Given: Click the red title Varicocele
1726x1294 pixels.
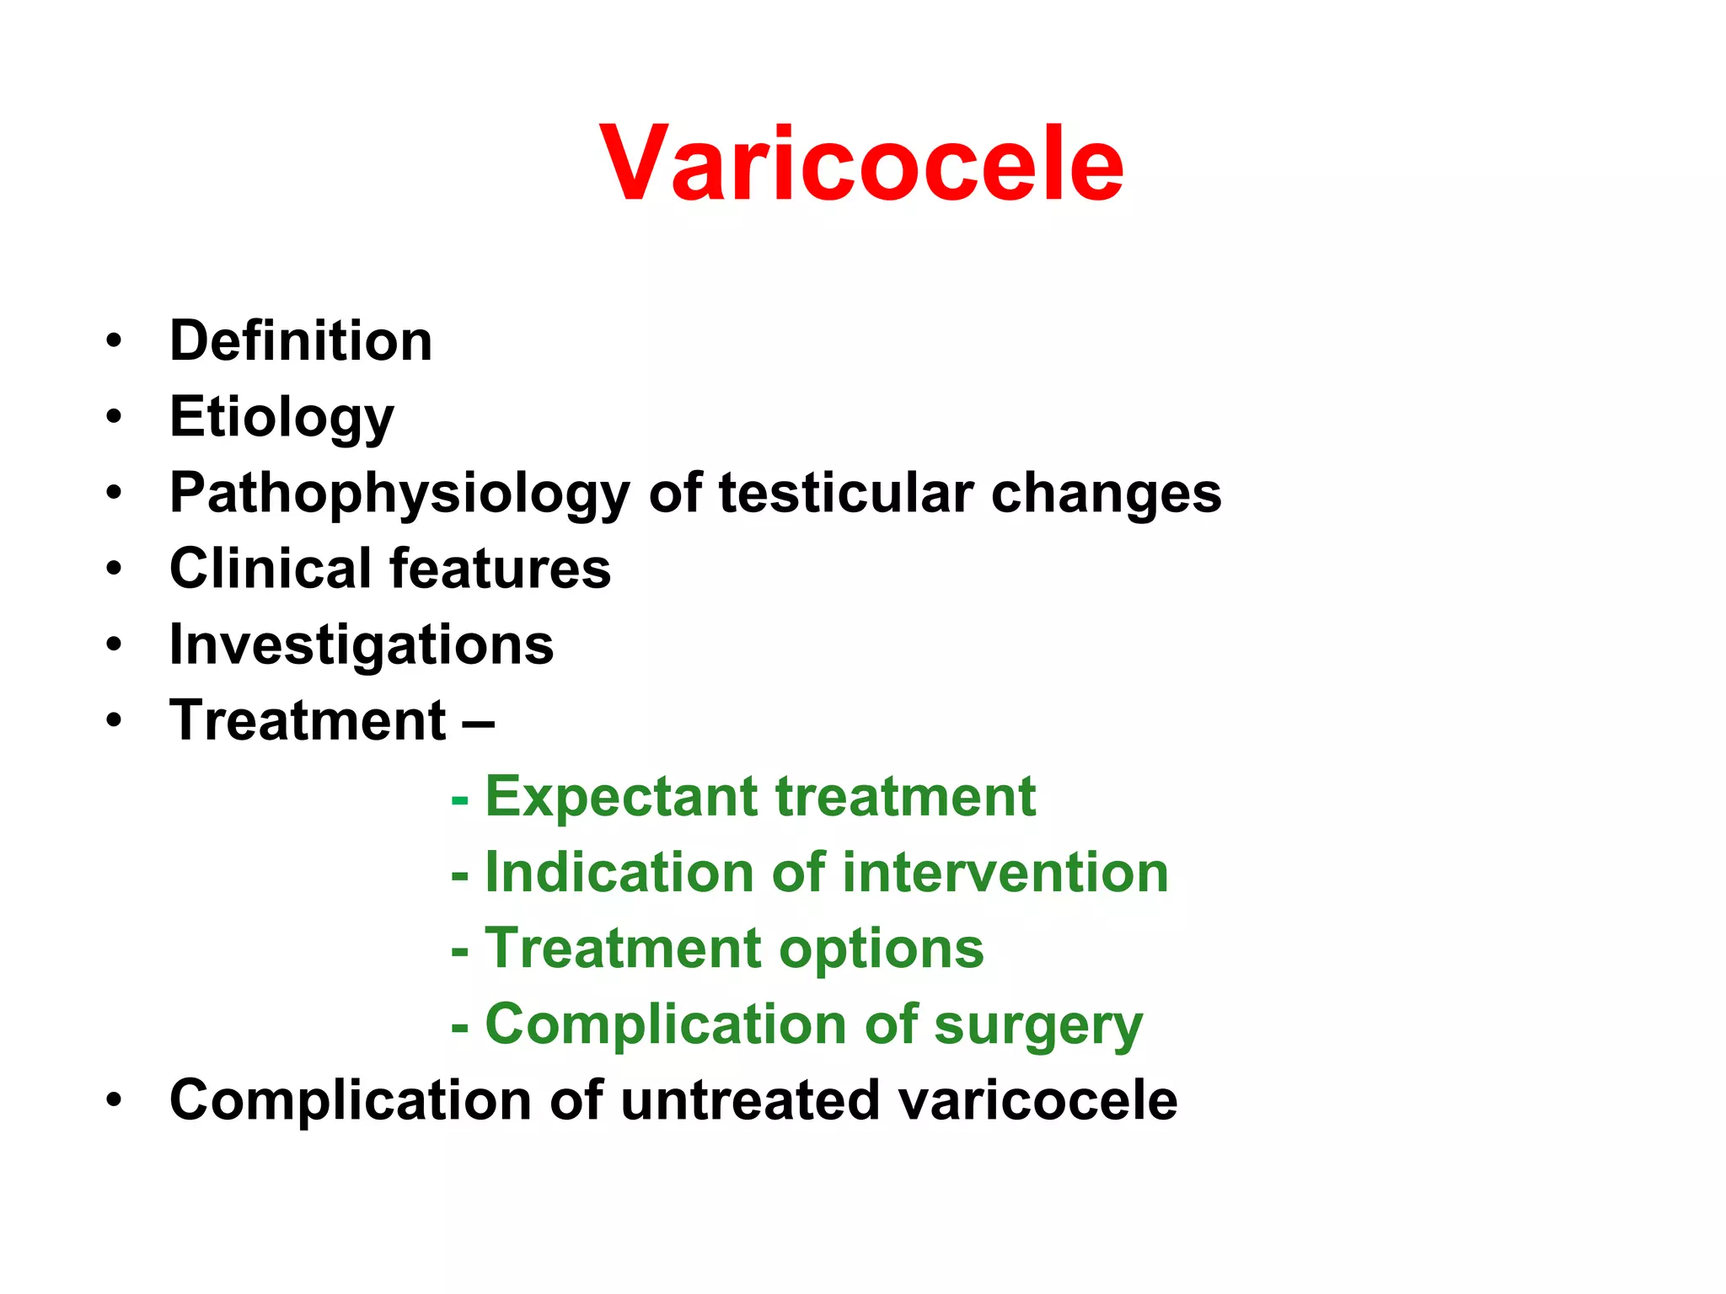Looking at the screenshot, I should click(861, 163).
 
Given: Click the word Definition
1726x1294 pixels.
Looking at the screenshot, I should click(301, 341).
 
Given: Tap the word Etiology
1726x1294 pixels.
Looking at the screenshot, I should click(281, 418).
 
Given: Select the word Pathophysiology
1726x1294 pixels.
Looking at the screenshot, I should click(399, 494).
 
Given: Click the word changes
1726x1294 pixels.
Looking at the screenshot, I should click(1106, 494).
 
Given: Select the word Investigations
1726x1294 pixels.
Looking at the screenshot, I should click(362, 646).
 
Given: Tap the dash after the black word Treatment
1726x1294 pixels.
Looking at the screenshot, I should click(478, 722).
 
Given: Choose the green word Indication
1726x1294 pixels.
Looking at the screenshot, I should click(619, 872).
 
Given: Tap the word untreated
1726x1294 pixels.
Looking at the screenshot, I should click(748, 1100).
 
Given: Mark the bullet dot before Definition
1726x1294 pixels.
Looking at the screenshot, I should click(114, 342).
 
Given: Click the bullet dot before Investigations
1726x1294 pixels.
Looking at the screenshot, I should click(114, 646).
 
